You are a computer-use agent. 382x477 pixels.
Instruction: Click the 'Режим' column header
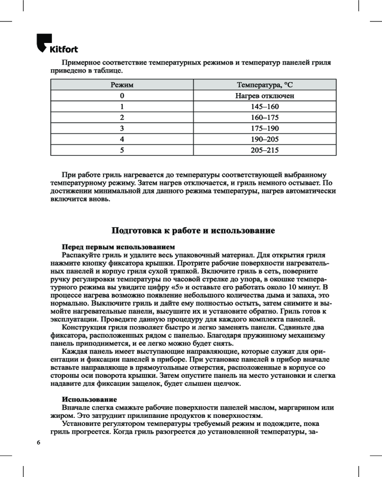(122, 84)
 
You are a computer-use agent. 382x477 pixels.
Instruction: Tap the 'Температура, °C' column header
(265, 84)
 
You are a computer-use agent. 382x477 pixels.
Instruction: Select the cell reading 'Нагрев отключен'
(265, 95)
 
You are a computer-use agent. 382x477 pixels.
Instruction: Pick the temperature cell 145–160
(265, 106)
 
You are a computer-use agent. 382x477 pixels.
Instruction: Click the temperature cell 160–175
(265, 117)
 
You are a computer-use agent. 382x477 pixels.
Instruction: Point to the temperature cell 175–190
(265, 128)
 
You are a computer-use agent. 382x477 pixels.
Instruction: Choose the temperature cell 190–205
(265, 139)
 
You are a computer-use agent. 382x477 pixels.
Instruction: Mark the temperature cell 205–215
(265, 150)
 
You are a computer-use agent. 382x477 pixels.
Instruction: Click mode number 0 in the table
(122, 95)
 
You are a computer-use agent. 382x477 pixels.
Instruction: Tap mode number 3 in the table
(122, 128)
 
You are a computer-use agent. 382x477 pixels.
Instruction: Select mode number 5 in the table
(122, 150)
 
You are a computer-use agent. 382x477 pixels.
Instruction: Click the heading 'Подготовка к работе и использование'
(193, 231)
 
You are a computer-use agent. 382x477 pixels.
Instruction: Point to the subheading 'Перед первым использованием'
(118, 247)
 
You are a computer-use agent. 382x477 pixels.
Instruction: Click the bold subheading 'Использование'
(89, 399)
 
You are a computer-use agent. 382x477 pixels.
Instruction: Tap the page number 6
(39, 443)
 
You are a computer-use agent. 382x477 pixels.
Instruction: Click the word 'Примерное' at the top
(80, 63)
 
